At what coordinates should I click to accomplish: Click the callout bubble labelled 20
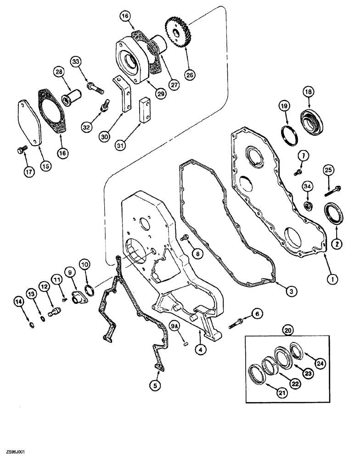287,329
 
